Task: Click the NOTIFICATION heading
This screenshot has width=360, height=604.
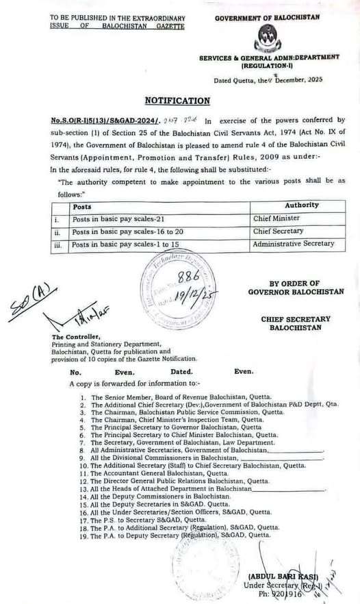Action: [x=177, y=101]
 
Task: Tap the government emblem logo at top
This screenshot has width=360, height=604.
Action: [x=268, y=38]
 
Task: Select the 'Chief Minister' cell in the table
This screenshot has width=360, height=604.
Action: [x=276, y=219]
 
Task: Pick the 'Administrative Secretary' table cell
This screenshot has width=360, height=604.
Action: [x=294, y=244]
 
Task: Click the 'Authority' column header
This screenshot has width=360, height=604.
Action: [x=302, y=205]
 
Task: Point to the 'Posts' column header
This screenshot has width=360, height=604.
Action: [x=82, y=206]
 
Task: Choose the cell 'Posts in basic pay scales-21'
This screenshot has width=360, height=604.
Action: [x=114, y=219]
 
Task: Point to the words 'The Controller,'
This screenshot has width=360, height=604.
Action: [x=75, y=337]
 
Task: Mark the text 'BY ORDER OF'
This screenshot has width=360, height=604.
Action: [x=294, y=284]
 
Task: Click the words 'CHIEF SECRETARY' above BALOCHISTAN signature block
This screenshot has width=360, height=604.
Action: [x=295, y=319]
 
